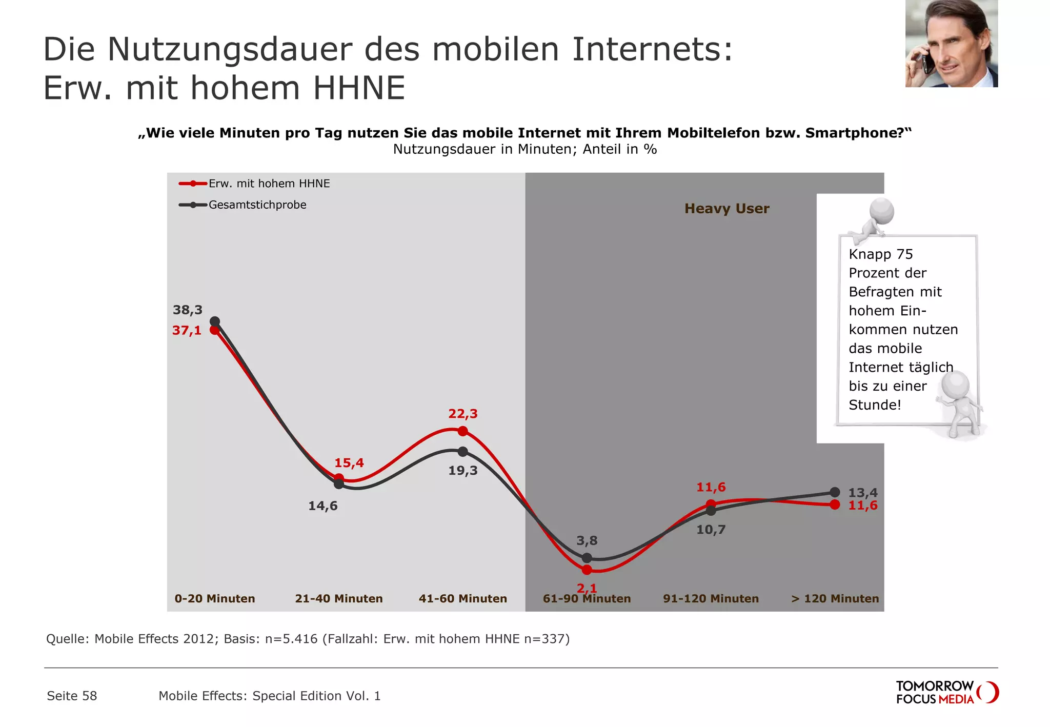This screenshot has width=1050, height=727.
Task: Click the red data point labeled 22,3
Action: pos(462,431)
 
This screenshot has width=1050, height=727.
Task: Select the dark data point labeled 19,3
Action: pos(462,452)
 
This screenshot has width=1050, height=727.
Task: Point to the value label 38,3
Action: pos(187,310)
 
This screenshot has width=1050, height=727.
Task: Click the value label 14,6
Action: pos(322,506)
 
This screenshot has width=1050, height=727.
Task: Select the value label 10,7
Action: pos(711,530)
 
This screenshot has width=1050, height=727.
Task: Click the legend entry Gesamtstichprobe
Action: pos(257,205)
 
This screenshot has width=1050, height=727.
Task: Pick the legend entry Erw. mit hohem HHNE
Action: pos(269,184)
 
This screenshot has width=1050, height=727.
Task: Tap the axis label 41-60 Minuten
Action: pos(462,598)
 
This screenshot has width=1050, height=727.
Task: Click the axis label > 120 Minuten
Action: pos(835,598)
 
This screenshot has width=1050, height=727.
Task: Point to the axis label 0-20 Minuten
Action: pos(214,598)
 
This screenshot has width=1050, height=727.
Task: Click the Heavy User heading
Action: pos(726,209)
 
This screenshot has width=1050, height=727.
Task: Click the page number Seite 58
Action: pos(72,696)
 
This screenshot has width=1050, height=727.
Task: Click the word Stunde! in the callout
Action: pos(874,405)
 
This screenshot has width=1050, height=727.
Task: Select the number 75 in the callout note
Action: pos(904,254)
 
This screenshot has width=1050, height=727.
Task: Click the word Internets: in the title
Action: pos(652,50)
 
